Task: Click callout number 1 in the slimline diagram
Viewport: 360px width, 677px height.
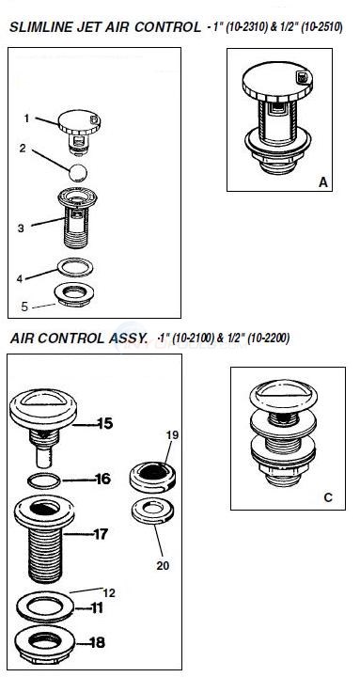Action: pyautogui.click(x=27, y=118)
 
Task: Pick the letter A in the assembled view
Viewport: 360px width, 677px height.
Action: pyautogui.click(x=322, y=180)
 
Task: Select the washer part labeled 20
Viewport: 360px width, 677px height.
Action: pyautogui.click(x=150, y=512)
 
